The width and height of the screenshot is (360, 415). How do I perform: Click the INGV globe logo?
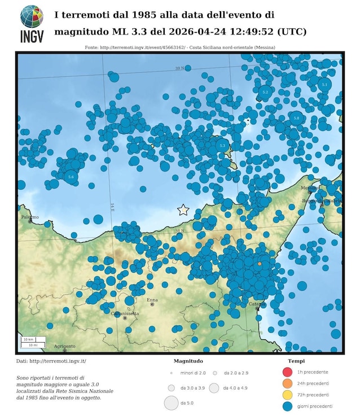pos(32,17)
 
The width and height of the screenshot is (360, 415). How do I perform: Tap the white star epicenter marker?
pos(183,210)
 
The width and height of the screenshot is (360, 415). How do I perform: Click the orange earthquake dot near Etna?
pos(259,264)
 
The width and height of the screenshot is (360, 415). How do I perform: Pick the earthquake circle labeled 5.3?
pos(222,146)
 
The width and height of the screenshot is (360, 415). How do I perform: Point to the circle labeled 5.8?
pos(297,117)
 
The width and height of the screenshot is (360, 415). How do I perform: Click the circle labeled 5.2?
pos(265,91)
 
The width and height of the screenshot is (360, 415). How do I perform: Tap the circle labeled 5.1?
pos(324,84)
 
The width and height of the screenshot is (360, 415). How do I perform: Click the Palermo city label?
pos(30,217)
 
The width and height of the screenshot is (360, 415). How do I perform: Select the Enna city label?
pos(152,299)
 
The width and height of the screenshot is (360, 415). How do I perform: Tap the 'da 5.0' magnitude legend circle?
pos(171,403)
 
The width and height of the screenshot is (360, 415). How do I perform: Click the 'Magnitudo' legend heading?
pos(188,361)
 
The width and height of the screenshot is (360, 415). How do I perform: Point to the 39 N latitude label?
pos(179,68)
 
